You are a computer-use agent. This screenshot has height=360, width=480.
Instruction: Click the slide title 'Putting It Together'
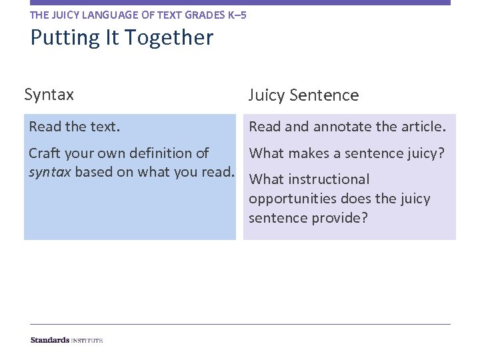pos(121,37)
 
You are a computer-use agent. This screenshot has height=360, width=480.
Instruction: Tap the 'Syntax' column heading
pos(49,95)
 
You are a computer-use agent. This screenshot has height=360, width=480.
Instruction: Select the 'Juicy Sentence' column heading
pos(303,95)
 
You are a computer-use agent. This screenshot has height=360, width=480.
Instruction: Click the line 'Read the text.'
pos(75,127)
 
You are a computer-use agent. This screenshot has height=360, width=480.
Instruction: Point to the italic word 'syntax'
pos(50,173)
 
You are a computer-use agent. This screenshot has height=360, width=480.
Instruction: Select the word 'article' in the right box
pos(421,127)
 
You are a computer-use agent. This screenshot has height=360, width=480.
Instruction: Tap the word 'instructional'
pos(329,179)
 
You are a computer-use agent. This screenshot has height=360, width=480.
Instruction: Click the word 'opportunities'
pos(293,199)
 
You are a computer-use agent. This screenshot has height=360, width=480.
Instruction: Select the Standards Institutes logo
pos(67,340)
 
